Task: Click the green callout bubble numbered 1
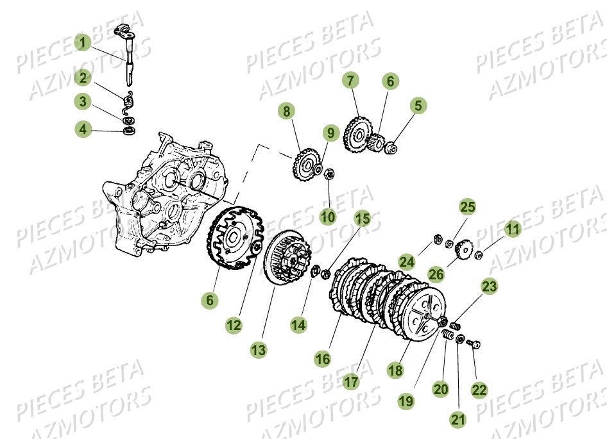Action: [82, 44]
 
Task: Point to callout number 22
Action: [479, 389]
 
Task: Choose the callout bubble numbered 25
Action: [468, 207]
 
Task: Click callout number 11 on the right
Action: [512, 228]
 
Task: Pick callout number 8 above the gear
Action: [286, 112]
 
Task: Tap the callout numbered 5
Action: [418, 105]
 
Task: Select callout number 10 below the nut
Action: [328, 217]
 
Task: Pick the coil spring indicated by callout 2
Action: [128, 101]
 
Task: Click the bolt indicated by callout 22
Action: [475, 344]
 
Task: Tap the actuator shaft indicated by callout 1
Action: [127, 61]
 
